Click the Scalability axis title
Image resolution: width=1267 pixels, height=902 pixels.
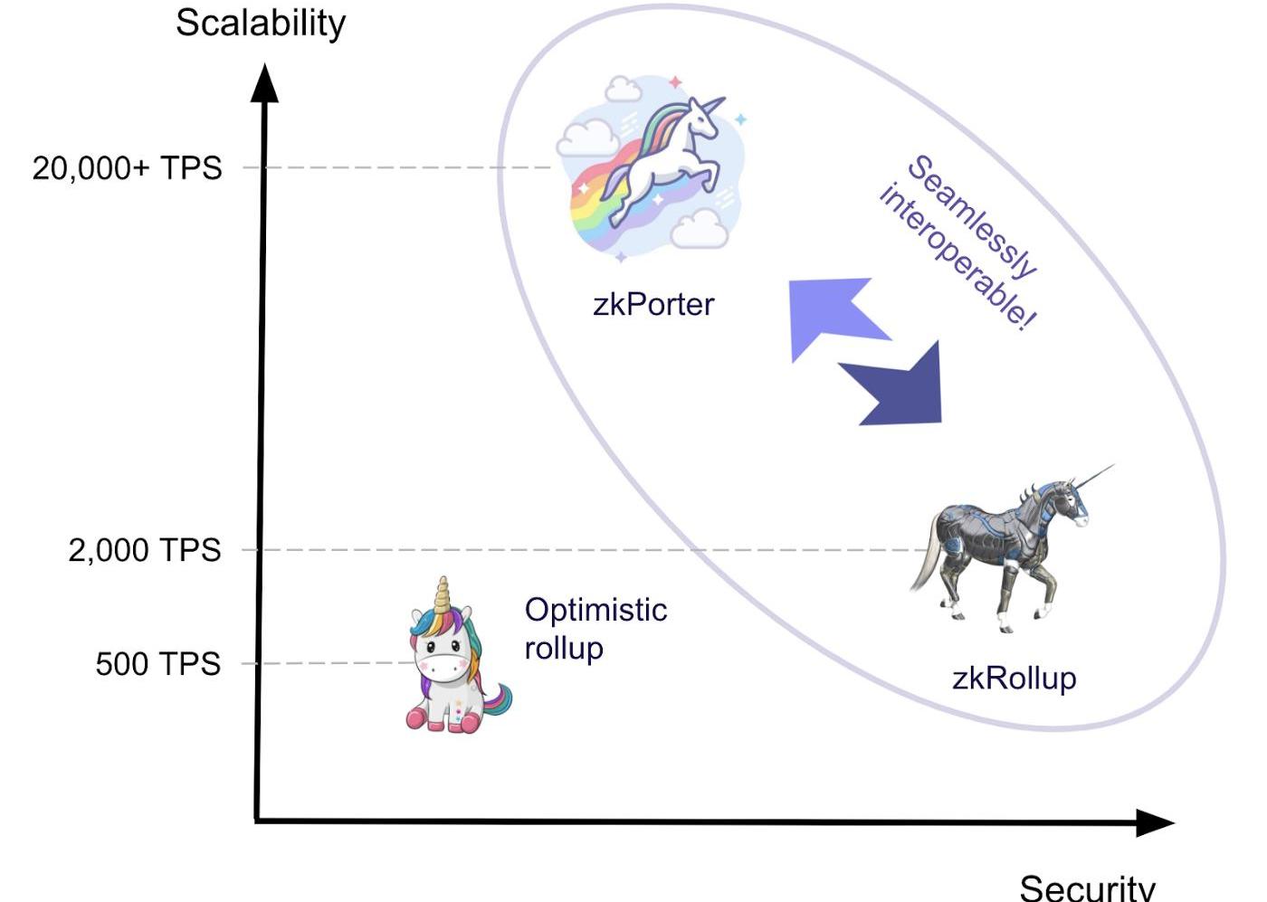click(x=261, y=24)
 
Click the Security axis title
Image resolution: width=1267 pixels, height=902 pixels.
click(x=1087, y=887)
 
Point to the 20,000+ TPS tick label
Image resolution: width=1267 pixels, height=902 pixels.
click(x=127, y=168)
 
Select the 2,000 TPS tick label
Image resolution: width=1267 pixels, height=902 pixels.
click(x=144, y=550)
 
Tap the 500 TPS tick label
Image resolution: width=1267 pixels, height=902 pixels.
click(x=157, y=664)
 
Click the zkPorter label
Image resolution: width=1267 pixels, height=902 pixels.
click(x=653, y=304)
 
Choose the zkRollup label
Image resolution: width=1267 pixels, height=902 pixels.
click(x=1014, y=678)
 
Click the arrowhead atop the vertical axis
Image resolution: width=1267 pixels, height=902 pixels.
click(x=264, y=82)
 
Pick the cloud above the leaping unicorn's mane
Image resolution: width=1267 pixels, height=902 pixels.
click(x=622, y=89)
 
